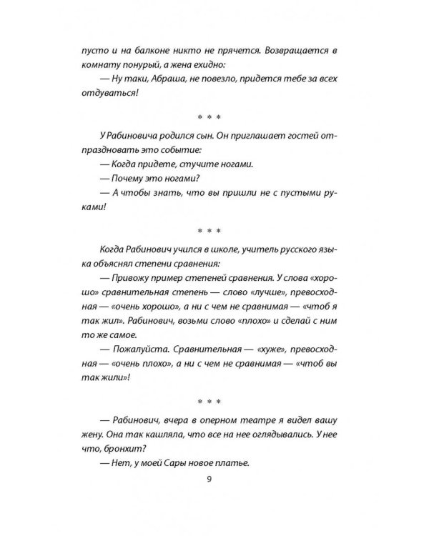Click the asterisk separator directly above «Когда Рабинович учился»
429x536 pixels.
pyautogui.click(x=209, y=230)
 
